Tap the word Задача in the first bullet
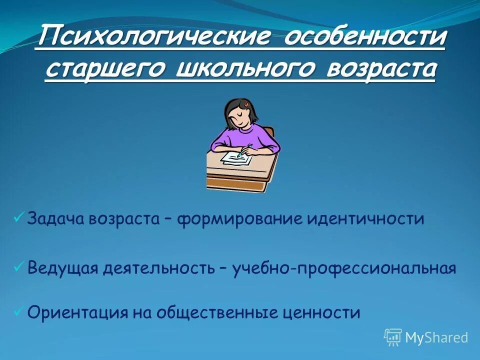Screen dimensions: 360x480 click(56, 219)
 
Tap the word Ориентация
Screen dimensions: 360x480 click(77, 312)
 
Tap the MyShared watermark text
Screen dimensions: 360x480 click(436, 337)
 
